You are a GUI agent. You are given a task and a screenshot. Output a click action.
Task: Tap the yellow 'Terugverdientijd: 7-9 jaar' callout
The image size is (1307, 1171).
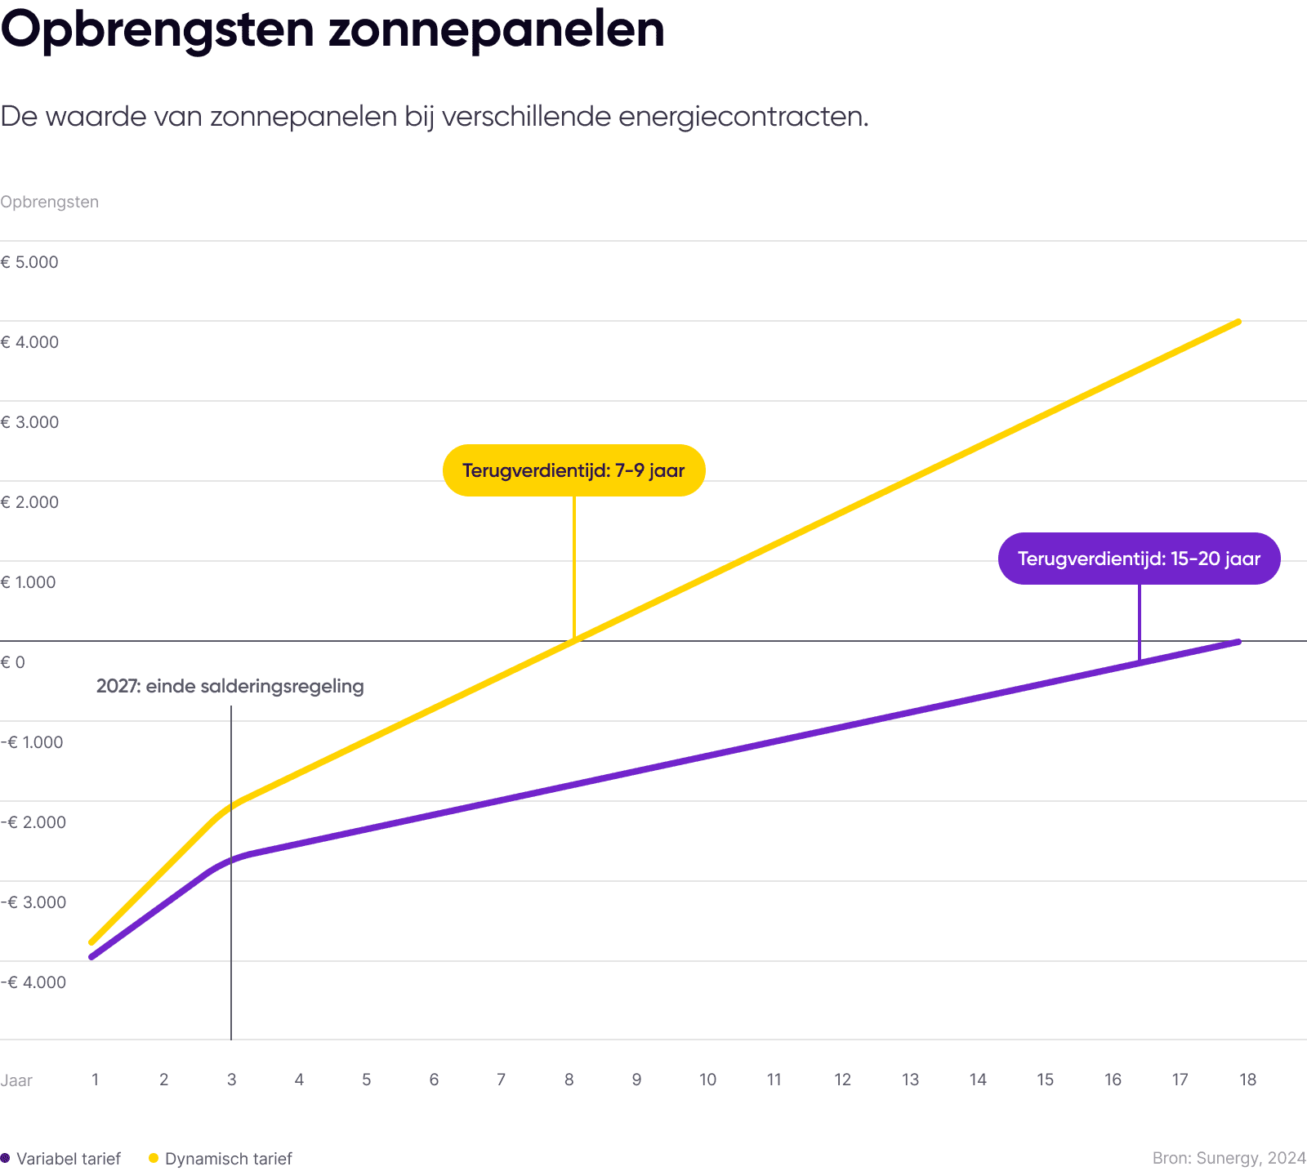click(573, 470)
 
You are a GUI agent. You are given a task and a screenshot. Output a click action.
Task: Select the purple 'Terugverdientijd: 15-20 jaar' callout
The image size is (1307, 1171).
click(1139, 559)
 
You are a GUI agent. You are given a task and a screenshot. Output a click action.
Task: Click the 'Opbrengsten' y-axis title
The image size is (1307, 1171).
click(49, 202)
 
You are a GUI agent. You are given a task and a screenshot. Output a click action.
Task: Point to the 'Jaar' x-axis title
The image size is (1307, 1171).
click(16, 1080)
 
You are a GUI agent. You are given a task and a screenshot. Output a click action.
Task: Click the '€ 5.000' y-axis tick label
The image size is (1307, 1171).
click(30, 263)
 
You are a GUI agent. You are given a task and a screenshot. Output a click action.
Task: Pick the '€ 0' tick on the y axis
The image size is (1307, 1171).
click(13, 662)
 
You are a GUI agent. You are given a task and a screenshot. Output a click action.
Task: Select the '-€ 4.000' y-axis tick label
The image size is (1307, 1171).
click(34, 982)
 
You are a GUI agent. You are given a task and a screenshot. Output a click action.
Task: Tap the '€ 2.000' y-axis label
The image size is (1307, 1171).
click(30, 503)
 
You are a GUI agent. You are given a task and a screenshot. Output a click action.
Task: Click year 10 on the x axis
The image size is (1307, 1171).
click(707, 1080)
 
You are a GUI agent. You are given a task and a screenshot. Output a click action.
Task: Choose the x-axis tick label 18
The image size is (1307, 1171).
click(1247, 1080)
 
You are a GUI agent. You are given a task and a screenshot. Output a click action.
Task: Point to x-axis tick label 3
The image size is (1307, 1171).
click(231, 1080)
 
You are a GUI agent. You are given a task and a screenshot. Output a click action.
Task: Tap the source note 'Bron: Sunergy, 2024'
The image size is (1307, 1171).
click(1229, 1158)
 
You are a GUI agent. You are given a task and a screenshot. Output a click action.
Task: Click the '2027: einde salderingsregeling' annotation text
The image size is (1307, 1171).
click(230, 686)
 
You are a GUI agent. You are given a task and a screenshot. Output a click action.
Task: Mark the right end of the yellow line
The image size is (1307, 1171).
click(1238, 322)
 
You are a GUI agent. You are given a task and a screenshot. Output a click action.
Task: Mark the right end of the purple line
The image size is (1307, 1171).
click(1238, 642)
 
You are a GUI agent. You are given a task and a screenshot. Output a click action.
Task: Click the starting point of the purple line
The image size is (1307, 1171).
click(91, 956)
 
